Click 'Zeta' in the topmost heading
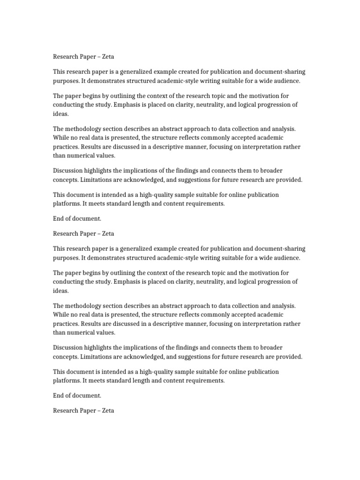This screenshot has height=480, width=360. [x=107, y=57]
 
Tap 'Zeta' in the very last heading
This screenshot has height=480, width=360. [x=107, y=411]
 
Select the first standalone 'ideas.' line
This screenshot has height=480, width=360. [x=60, y=113]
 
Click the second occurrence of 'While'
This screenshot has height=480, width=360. [x=61, y=315]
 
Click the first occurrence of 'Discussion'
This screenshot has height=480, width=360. [x=68, y=171]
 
